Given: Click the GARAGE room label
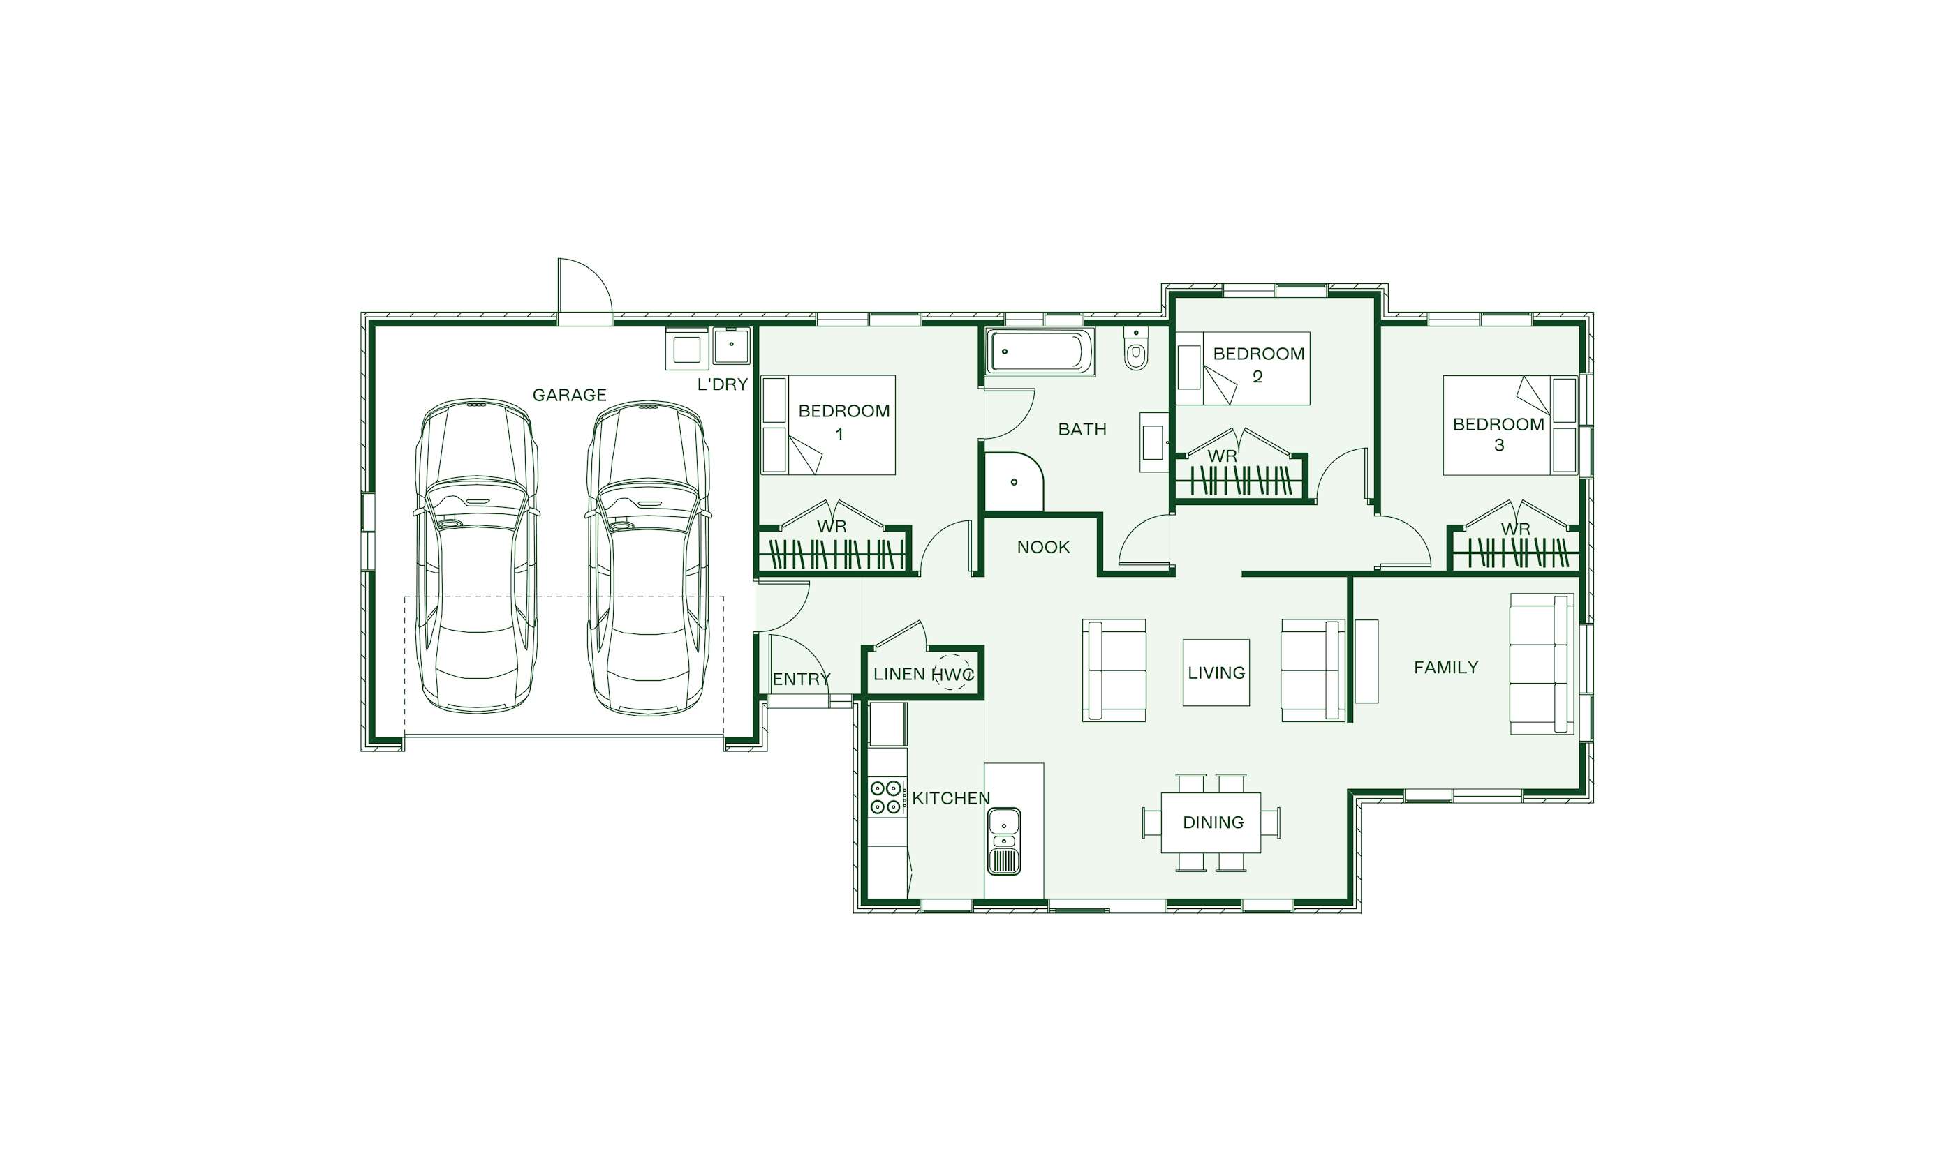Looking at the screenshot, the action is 569,395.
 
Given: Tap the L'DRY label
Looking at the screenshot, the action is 722,384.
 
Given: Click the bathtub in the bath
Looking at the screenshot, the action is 1040,352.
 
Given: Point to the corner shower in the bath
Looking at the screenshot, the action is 1013,482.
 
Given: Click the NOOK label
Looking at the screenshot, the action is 1043,548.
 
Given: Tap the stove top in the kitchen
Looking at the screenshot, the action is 887,797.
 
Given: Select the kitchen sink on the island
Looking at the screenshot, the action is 1003,841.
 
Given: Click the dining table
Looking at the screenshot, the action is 1211,822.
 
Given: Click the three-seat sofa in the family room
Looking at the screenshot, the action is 1541,664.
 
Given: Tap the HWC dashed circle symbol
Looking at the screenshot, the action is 953,673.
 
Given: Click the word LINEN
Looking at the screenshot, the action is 899,675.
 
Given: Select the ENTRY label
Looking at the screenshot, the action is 802,679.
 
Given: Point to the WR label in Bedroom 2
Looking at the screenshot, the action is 1222,456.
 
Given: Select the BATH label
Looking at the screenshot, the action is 1082,430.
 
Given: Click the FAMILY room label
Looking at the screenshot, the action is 1445,668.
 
